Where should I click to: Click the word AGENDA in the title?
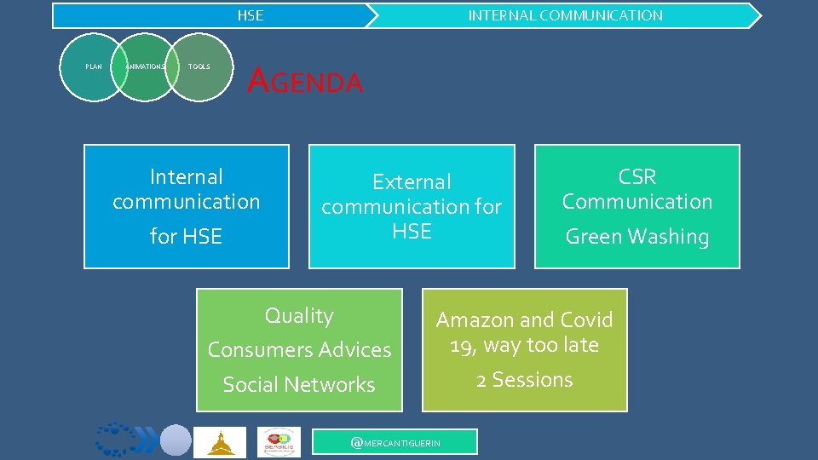click(x=304, y=82)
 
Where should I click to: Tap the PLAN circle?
click(x=93, y=66)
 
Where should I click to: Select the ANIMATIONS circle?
click(x=145, y=66)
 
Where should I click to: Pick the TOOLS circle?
click(x=199, y=66)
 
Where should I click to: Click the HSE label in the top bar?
click(x=250, y=15)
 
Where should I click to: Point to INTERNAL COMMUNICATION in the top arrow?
click(x=565, y=15)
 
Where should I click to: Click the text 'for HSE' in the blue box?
click(x=186, y=237)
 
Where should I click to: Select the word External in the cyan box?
click(x=412, y=182)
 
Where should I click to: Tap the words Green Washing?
click(x=637, y=237)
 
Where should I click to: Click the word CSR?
click(x=637, y=177)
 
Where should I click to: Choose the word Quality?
click(x=299, y=316)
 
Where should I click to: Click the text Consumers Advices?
click(x=299, y=350)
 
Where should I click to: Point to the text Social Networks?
click(x=299, y=385)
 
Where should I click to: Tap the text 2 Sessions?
click(x=524, y=380)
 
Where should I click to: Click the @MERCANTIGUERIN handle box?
click(x=395, y=442)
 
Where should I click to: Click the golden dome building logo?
click(x=220, y=442)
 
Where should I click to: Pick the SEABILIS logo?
click(x=279, y=442)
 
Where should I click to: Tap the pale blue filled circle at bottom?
click(x=176, y=440)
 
